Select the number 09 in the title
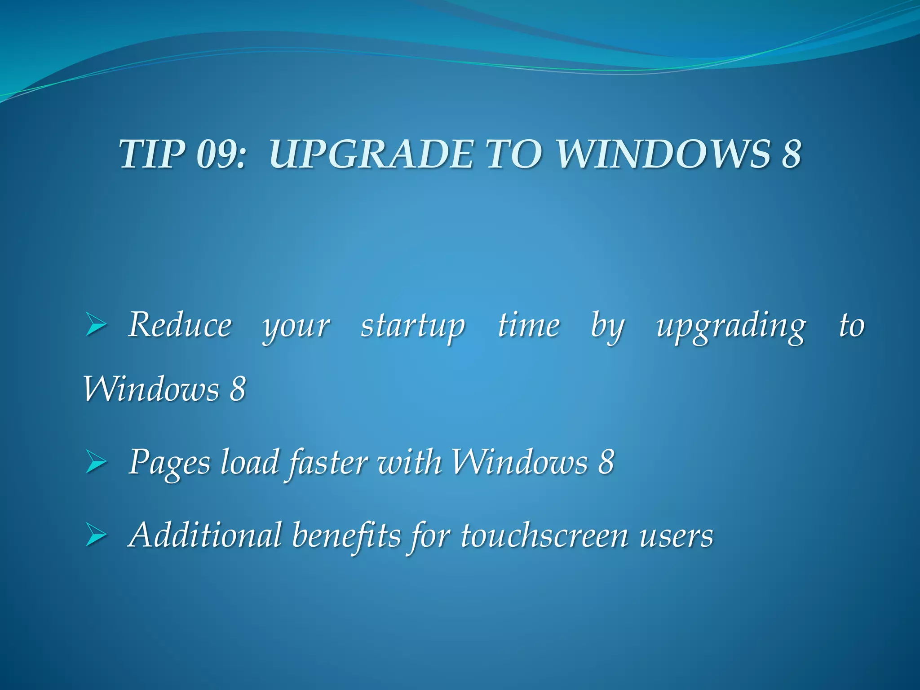pyautogui.click(x=220, y=154)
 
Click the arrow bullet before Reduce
pyautogui.click(x=96, y=326)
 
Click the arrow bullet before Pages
pyautogui.click(x=96, y=463)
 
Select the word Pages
pyautogui.click(x=169, y=463)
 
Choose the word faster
pyautogui.click(x=327, y=463)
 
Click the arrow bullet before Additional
pyautogui.click(x=96, y=536)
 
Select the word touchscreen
pyautogui.click(x=544, y=535)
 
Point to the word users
pyautogui.click(x=676, y=536)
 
